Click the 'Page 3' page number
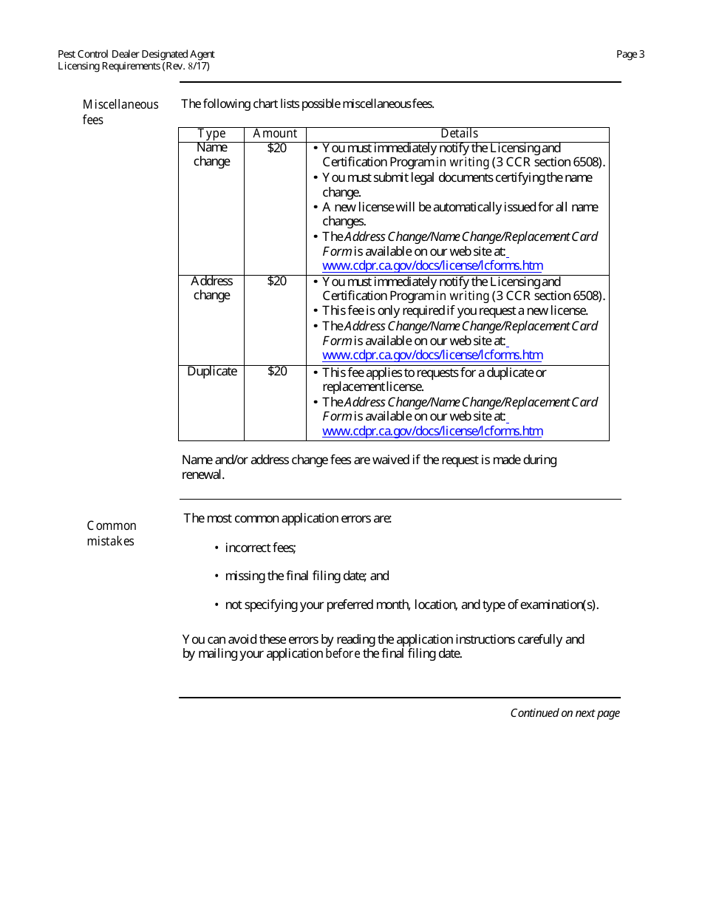pyautogui.click(x=630, y=54)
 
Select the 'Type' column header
pyautogui.click(x=211, y=134)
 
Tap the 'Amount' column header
pyautogui.click(x=275, y=134)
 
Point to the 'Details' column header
pyautogui.click(x=459, y=134)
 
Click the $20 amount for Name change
pyautogui.click(x=276, y=148)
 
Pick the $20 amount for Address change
pyautogui.click(x=276, y=282)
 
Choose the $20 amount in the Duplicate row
pyautogui.click(x=276, y=372)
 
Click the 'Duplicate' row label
pyautogui.click(x=211, y=372)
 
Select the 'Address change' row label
pyautogui.click(x=211, y=288)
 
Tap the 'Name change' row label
pyautogui.click(x=211, y=154)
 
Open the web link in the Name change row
pyautogui.click(x=432, y=266)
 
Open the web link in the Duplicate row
pyautogui.click(x=432, y=432)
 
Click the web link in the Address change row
pyautogui.click(x=432, y=355)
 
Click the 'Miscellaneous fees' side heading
pyautogui.click(x=120, y=112)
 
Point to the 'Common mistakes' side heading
pyautogui.click(x=112, y=534)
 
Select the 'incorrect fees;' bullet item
pyautogui.click(x=260, y=548)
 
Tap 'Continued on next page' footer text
pyautogui.click(x=565, y=713)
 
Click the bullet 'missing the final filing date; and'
pyautogui.click(x=307, y=576)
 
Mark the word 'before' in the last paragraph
pyautogui.click(x=343, y=654)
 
